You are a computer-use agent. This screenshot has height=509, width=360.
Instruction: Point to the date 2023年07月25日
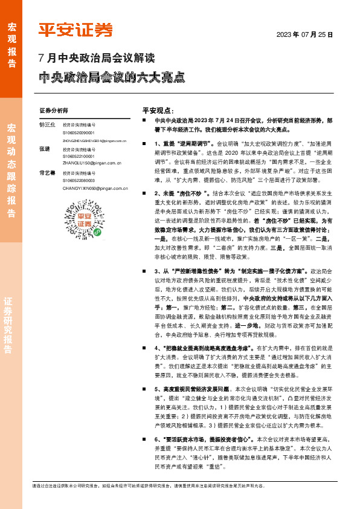coord(305,35)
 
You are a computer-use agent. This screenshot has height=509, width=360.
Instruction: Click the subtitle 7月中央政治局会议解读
coord(97,59)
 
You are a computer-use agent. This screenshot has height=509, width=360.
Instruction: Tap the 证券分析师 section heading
coord(54,111)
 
